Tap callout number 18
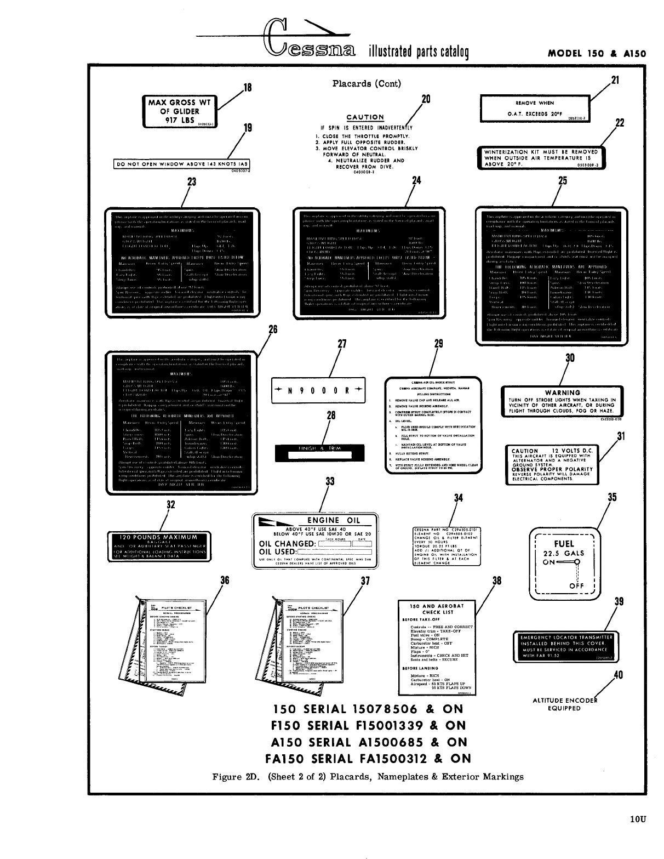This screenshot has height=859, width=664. pyautogui.click(x=247, y=88)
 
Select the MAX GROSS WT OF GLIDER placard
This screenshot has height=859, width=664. pyautogui.click(x=179, y=111)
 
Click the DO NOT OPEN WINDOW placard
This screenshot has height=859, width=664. pyautogui.click(x=181, y=164)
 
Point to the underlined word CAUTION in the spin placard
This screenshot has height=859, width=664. pyautogui.click(x=365, y=117)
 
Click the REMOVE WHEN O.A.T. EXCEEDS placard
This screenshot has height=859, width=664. pyautogui.click(x=534, y=108)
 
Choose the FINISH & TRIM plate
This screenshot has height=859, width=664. pyautogui.click(x=319, y=452)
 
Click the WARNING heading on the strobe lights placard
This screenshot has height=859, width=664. pyautogui.click(x=563, y=392)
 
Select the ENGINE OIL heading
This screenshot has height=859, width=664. pyautogui.click(x=333, y=520)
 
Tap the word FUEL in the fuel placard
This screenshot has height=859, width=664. pyautogui.click(x=564, y=543)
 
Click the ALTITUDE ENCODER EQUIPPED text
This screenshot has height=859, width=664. pyautogui.click(x=564, y=704)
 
